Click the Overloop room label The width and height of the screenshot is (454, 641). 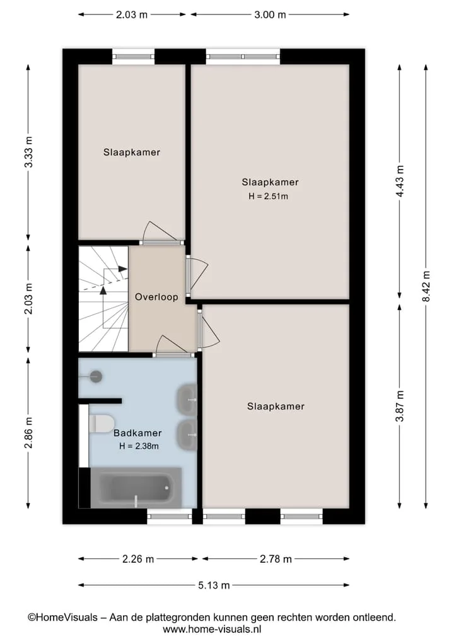click(156, 297)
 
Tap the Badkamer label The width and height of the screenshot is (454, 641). click(137, 433)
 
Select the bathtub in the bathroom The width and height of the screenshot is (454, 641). click(136, 488)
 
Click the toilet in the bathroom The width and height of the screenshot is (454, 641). click(101, 424)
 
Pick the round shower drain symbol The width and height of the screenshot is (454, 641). click(96, 376)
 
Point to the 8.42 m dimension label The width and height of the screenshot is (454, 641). click(426, 286)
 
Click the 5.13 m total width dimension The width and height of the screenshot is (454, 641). click(214, 586)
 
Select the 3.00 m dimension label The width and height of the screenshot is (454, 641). click(270, 14)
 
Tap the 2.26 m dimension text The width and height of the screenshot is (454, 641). click(138, 559)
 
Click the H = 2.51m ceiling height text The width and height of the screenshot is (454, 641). click(269, 196)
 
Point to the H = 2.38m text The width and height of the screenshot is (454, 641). click(139, 446)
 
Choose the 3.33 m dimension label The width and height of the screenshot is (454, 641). click(28, 152)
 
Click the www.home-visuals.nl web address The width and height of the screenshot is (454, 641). click(212, 629)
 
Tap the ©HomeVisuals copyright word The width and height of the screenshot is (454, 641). click(62, 617)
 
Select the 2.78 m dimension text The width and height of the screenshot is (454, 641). click(276, 559)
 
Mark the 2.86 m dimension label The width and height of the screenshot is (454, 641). click(28, 433)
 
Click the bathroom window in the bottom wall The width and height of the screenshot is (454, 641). click(170, 516)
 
